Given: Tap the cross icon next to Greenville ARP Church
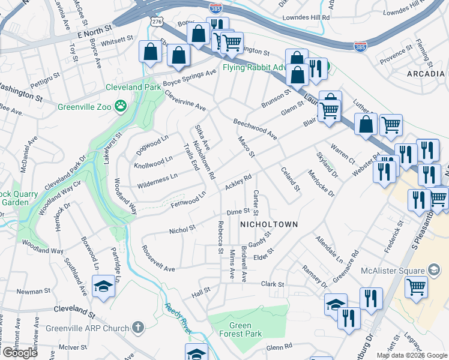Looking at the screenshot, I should [x=137, y=328].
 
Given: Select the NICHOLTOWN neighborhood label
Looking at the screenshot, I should [x=269, y=224].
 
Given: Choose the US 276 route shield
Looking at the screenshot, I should [x=156, y=21].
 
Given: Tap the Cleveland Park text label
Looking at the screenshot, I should [x=133, y=87].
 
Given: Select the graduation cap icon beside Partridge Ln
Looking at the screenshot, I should [x=103, y=286].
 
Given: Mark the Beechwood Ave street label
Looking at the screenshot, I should [x=255, y=128].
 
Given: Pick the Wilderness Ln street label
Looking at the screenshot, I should [x=157, y=178].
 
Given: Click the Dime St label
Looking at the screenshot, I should [x=238, y=212].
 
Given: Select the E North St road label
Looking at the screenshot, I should [x=91, y=28].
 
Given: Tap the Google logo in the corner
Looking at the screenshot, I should [x=19, y=353].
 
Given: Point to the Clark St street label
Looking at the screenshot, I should [x=272, y=284].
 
